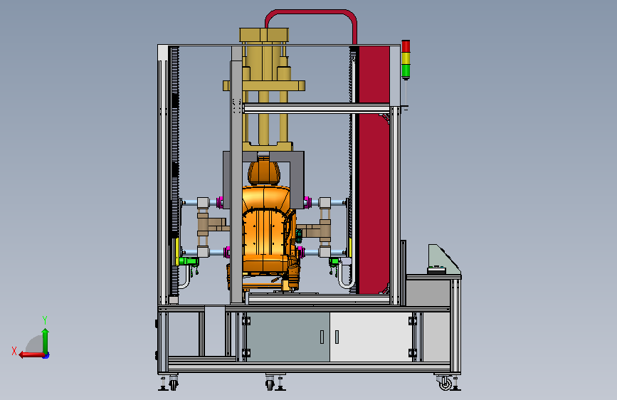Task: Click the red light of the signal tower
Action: pyautogui.click(x=406, y=46)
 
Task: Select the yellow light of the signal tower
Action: pyautogui.click(x=406, y=58)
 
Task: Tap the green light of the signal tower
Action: pyautogui.click(x=406, y=71)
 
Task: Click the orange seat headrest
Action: pyautogui.click(x=264, y=172)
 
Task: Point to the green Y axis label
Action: pyautogui.click(x=45, y=320)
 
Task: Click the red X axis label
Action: pyautogui.click(x=14, y=351)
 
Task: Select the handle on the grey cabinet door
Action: pyautogui.click(x=322, y=337)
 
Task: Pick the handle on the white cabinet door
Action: pyautogui.click(x=337, y=337)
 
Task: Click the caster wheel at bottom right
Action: pyautogui.click(x=445, y=383)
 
